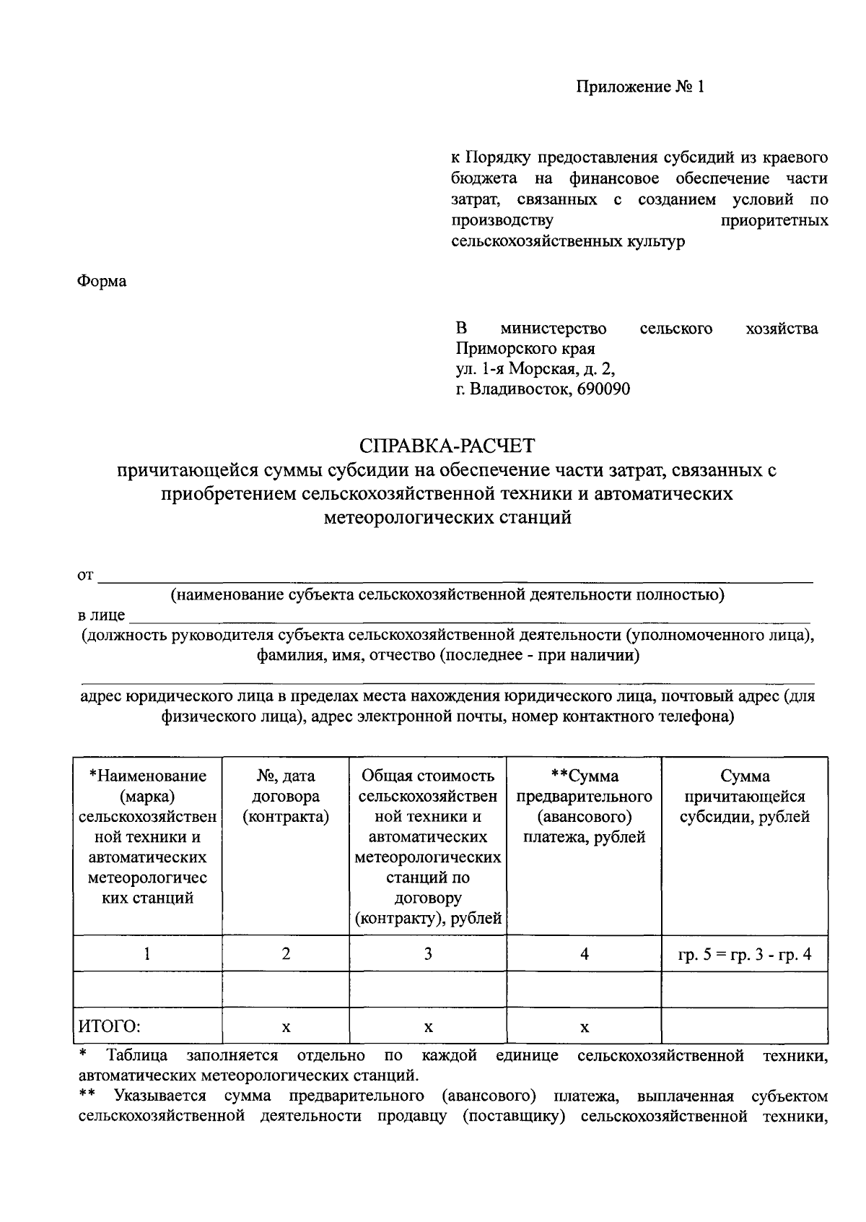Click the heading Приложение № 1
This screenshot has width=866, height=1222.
(639, 87)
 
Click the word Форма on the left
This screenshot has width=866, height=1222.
(102, 281)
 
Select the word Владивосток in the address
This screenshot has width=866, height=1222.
(520, 389)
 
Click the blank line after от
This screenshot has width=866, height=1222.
(455, 576)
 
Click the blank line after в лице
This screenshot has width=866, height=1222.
(469, 616)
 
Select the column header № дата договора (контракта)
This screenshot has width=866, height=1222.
(286, 796)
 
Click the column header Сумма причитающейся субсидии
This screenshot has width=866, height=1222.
(745, 796)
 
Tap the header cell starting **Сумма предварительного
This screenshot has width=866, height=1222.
(585, 806)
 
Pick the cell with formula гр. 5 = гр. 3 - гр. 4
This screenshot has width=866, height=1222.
(745, 954)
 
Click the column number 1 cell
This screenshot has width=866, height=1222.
(147, 954)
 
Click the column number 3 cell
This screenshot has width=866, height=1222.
(428, 954)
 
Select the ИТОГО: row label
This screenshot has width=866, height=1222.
(110, 1027)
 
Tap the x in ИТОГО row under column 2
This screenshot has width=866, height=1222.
(286, 1028)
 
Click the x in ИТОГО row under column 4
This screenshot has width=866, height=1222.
(585, 1028)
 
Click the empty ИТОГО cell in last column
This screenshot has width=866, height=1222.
(745, 1026)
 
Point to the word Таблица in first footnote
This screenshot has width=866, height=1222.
(137, 1056)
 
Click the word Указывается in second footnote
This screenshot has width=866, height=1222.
(159, 1096)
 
